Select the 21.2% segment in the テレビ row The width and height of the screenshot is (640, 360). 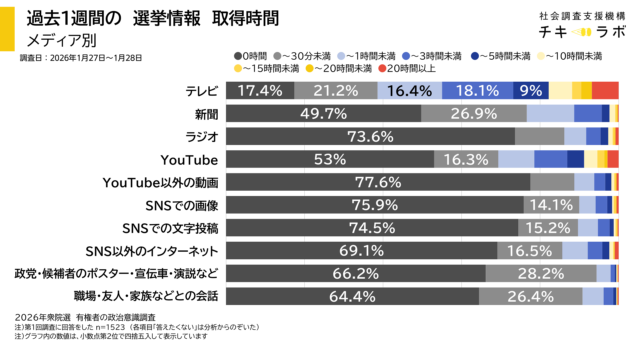tap(336, 90)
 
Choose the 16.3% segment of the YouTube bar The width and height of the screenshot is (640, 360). tap(465, 159)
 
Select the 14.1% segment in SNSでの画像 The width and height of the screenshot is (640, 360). tap(548, 204)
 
